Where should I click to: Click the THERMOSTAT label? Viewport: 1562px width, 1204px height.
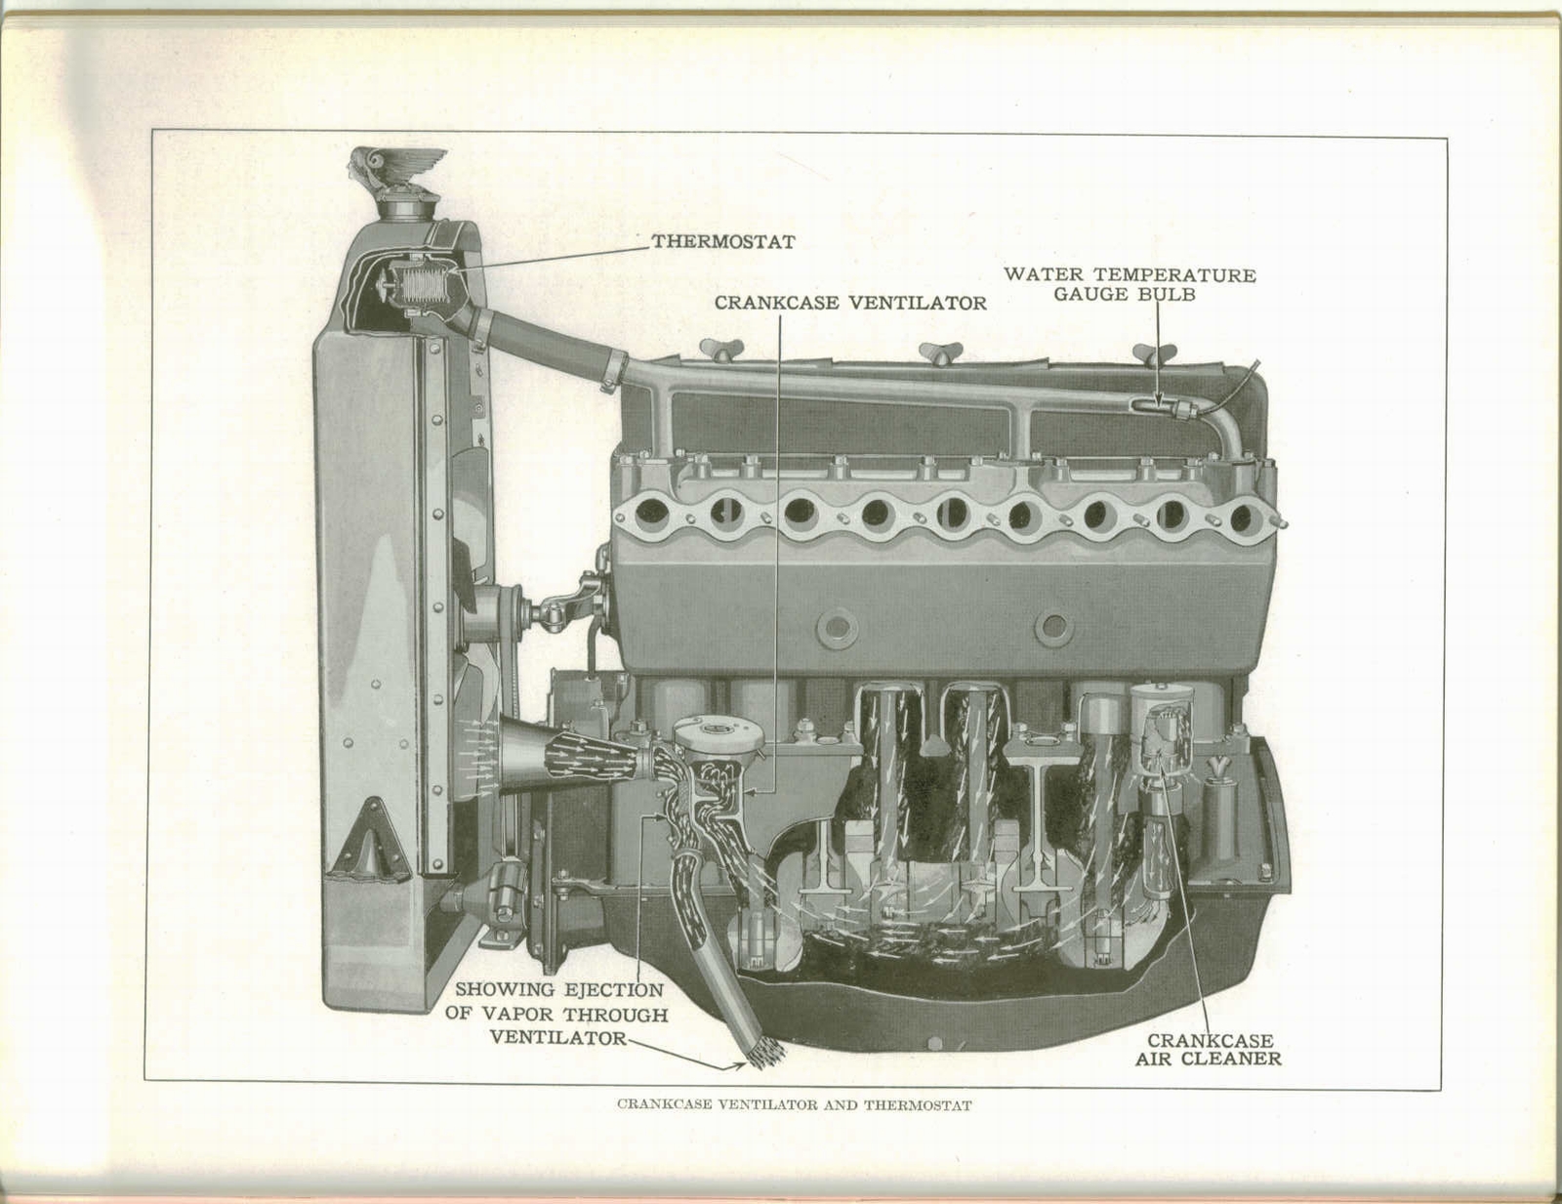tap(723, 241)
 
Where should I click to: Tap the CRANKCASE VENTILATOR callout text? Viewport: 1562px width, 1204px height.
tap(849, 303)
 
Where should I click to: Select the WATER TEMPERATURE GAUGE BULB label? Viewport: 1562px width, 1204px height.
tap(1130, 284)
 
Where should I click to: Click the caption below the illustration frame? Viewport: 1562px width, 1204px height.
tap(794, 1106)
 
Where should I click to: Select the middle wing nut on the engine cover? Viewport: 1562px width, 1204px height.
tap(940, 352)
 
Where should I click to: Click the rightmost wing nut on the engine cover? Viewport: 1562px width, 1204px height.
tap(1152, 353)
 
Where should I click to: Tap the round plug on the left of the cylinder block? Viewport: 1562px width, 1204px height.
tap(838, 628)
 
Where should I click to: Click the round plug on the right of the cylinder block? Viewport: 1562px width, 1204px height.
tap(1053, 628)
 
